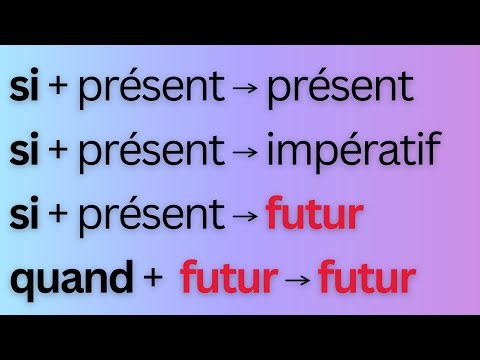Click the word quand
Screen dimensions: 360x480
70,281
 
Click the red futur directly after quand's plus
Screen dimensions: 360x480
228,281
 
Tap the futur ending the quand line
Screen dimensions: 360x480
365,281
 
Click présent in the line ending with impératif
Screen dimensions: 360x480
151,153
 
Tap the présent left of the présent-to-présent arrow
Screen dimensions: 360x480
151,90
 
